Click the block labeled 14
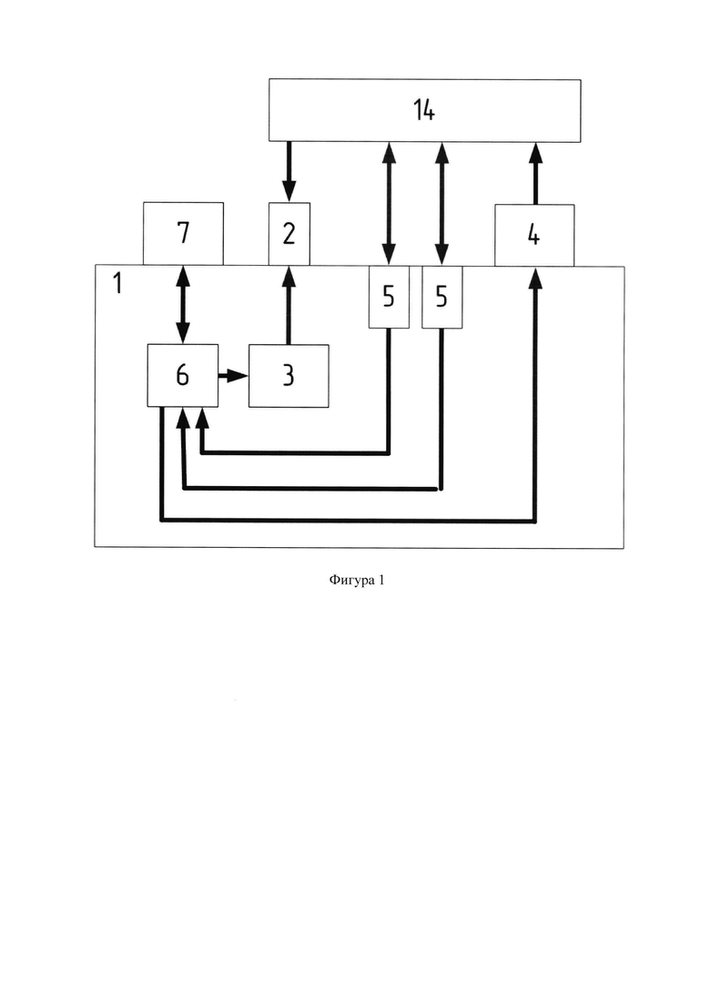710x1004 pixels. pos(424,110)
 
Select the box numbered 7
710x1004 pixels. pos(183,234)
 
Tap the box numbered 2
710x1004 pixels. pos(289,234)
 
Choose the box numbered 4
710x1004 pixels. pos(534,235)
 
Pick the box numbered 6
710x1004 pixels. pos(182,375)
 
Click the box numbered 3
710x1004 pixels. pos(289,376)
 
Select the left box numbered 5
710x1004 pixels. pos(389,297)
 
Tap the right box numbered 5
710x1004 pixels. pos(441,297)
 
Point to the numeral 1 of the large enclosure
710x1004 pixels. pos(117,283)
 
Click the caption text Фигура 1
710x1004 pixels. pos(357,580)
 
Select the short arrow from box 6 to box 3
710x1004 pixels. pos(233,376)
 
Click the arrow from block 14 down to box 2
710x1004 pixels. pos(289,172)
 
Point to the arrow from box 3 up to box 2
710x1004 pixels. pos(289,305)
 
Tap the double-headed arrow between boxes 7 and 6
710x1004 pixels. pos(183,305)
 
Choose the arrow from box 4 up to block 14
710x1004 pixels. pos(536,174)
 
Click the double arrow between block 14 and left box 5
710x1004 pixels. pos(389,204)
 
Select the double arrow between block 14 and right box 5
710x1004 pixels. pos(441,204)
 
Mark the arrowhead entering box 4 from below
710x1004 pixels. pos(536,279)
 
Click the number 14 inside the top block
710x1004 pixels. pos(424,110)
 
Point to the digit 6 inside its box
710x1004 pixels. pos(182,375)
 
